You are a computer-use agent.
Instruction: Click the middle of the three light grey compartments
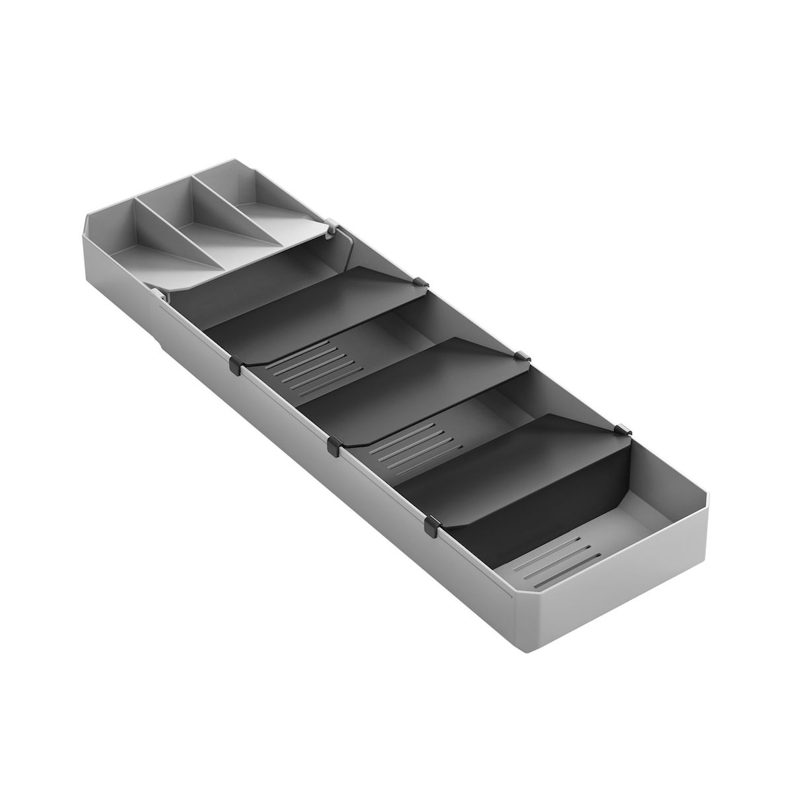pyautogui.click(x=202, y=222)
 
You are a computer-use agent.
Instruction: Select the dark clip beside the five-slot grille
pyautogui.click(x=234, y=365)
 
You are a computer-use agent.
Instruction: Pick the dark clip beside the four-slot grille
pyautogui.click(x=333, y=444)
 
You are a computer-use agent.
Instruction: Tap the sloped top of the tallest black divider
pyautogui.click(x=511, y=447)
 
